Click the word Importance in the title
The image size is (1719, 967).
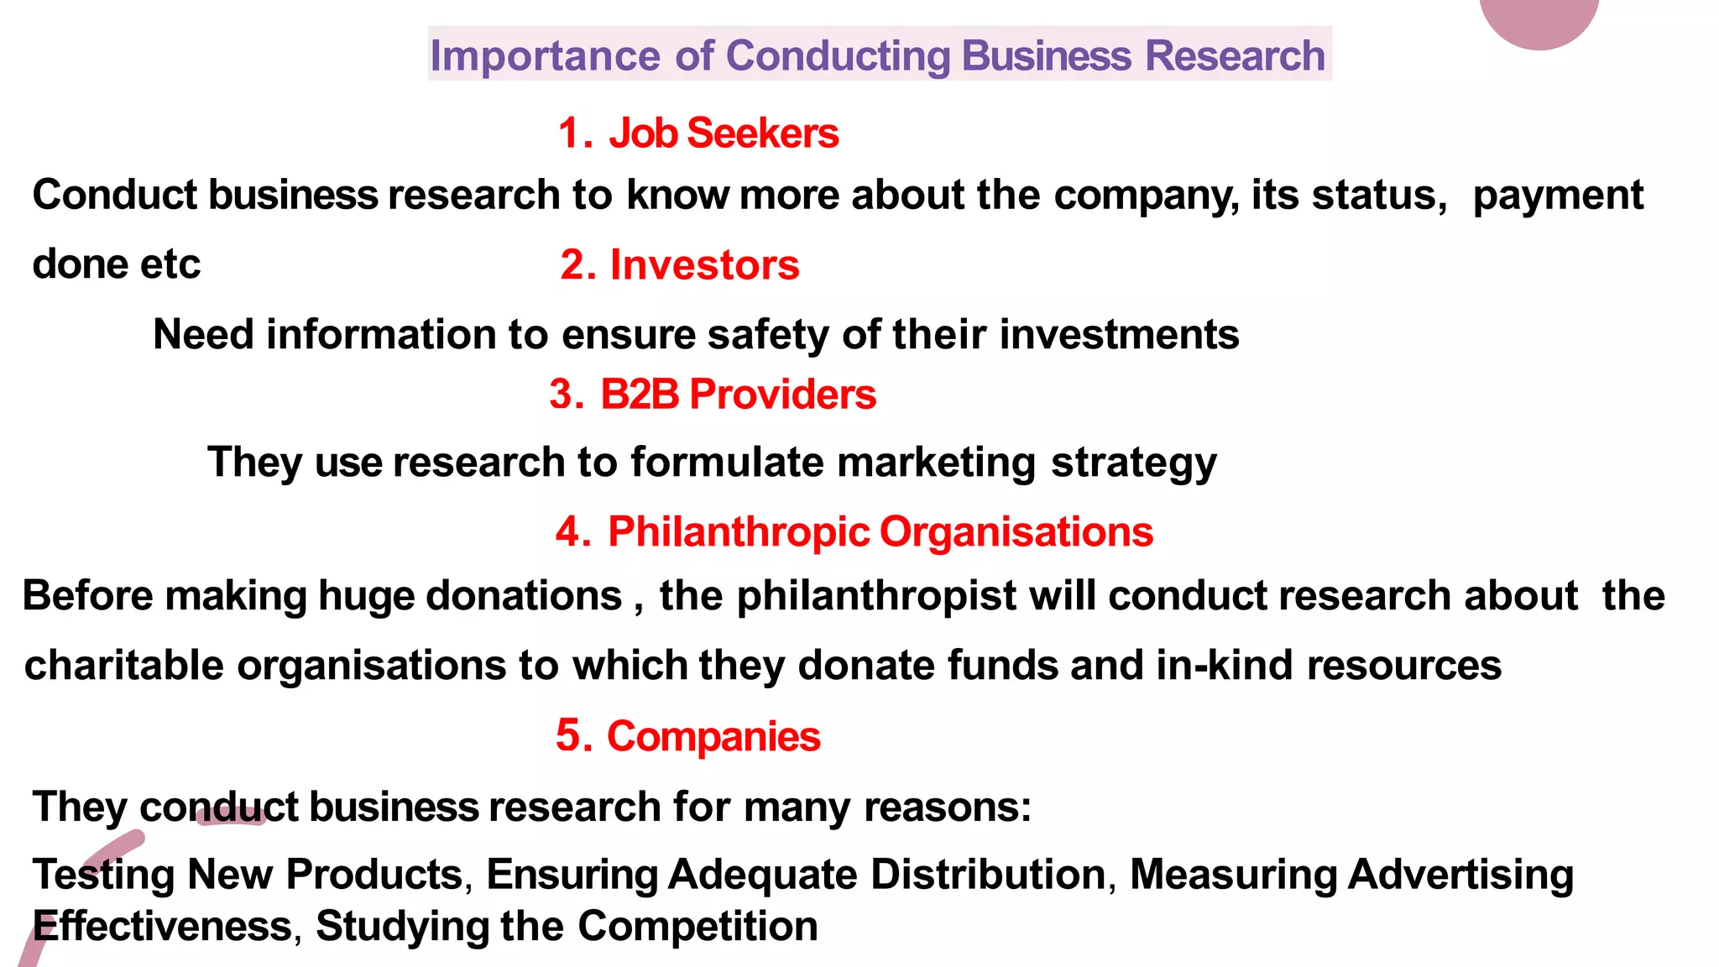(545, 56)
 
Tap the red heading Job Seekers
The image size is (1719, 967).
(723, 133)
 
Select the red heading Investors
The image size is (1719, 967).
(704, 265)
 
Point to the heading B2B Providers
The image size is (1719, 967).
(738, 395)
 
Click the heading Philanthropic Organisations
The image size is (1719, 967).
(880, 532)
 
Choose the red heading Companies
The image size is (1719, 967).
(713, 737)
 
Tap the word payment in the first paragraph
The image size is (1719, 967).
(1558, 196)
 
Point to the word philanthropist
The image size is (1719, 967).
(876, 597)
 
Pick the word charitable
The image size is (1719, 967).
(123, 666)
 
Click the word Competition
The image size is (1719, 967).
(698, 927)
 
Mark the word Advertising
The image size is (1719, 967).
(1460, 875)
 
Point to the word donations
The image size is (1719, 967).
(524, 597)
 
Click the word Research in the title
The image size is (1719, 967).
(1235, 56)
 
